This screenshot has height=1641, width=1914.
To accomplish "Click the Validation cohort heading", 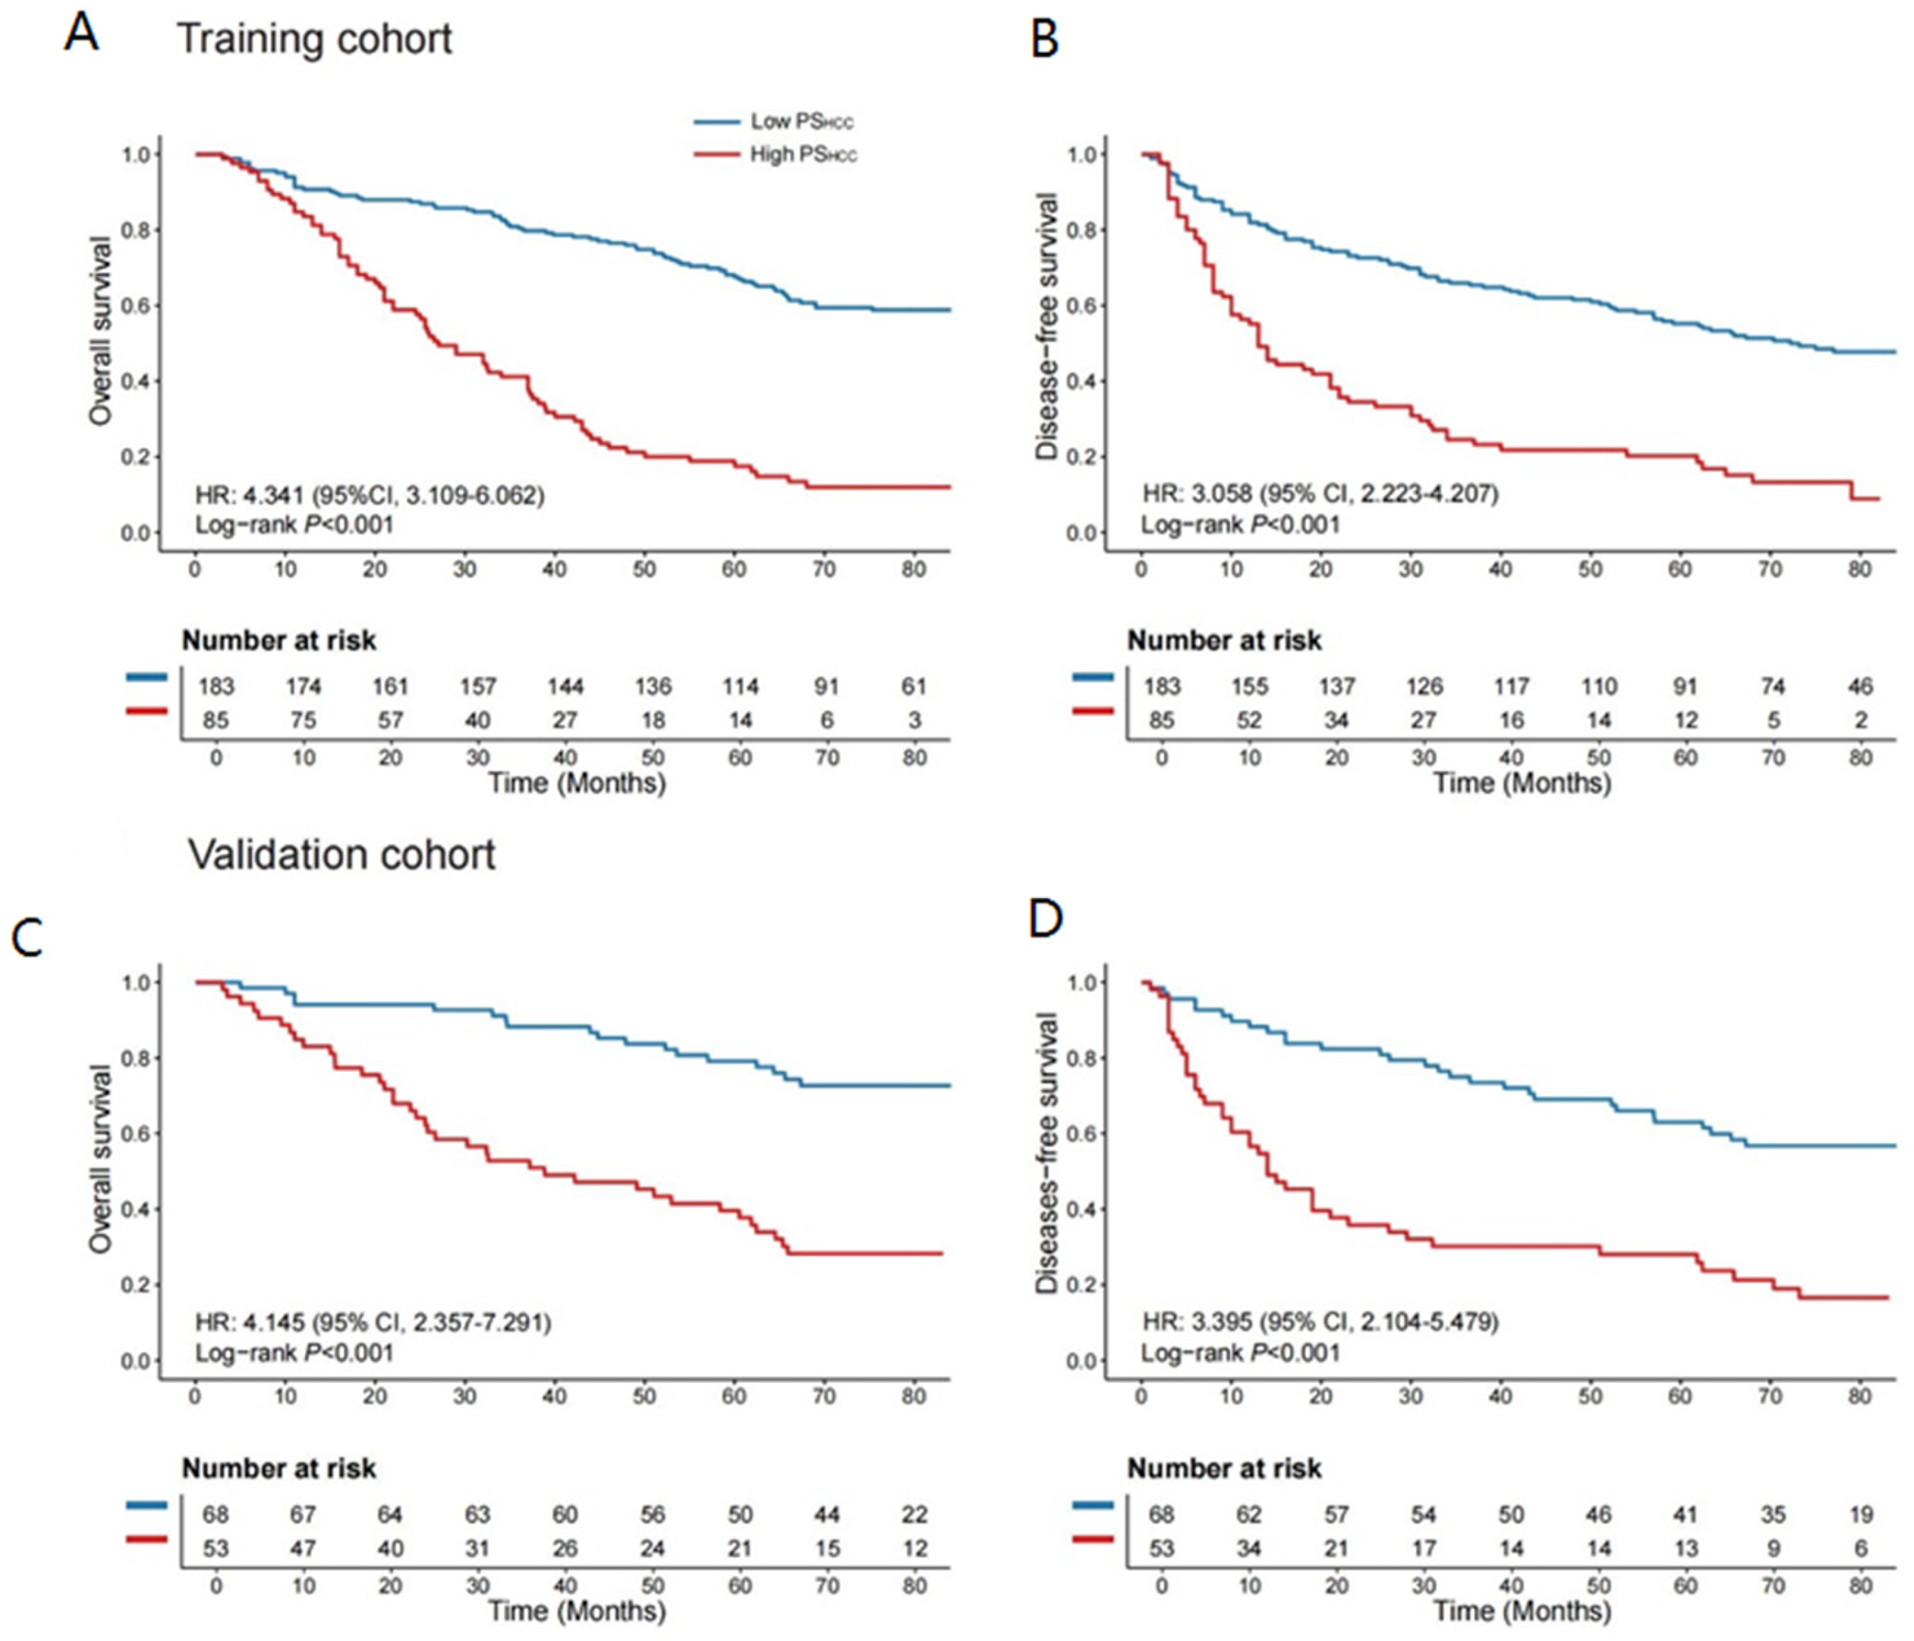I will [342, 854].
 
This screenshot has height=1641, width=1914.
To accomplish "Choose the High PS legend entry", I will [776, 154].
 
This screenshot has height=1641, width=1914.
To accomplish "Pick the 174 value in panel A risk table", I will [303, 686].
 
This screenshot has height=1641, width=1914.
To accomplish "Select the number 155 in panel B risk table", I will [1249, 686].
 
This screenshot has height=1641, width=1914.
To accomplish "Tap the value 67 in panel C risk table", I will [303, 1515].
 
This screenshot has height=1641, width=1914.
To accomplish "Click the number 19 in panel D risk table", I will [1860, 1515].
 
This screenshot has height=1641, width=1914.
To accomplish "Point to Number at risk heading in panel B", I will [1224, 640].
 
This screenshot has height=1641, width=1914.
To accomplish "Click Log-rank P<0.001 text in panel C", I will [295, 1353].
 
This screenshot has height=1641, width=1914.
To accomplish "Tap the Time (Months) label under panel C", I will [576, 1611].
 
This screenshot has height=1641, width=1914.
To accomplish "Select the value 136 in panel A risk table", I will [653, 686].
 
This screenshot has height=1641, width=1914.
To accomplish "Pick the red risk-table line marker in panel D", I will [1093, 1539].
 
